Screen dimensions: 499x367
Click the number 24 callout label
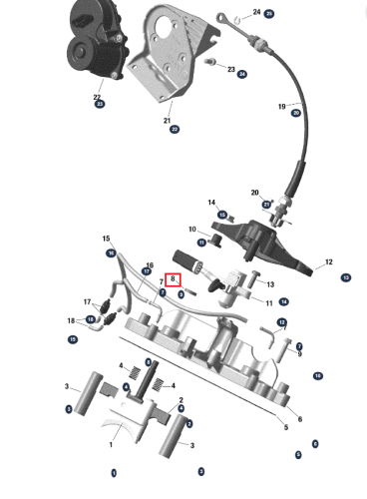(x=256, y=13)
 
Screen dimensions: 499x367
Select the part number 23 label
(x=231, y=70)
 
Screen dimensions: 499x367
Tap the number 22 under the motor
(x=98, y=98)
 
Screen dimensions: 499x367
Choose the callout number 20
(x=255, y=192)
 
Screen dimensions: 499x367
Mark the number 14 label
(x=211, y=203)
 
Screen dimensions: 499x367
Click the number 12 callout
(x=327, y=262)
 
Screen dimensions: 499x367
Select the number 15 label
(x=106, y=240)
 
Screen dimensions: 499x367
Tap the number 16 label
(x=150, y=264)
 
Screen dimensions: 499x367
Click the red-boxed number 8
(x=174, y=279)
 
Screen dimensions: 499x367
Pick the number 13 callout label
(x=269, y=284)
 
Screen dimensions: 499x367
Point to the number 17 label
(x=88, y=299)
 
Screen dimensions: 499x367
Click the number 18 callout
(x=72, y=320)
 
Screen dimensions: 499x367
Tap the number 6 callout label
(x=299, y=419)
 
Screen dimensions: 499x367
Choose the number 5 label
(x=285, y=427)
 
